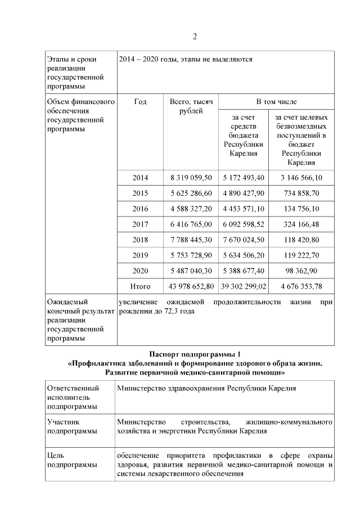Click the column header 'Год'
pos(140,102)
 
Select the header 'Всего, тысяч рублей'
pos(191,107)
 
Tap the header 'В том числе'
pos(276,102)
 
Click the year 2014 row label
pos(140,178)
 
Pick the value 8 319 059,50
pos(191,178)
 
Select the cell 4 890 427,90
pos(243,193)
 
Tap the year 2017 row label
pos(140,224)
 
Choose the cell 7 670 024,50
pos(243,240)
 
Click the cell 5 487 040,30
pos(191,271)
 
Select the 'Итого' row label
pos(140,286)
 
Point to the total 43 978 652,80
pos(191,286)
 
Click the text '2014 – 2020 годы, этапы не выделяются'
pos(186,59)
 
